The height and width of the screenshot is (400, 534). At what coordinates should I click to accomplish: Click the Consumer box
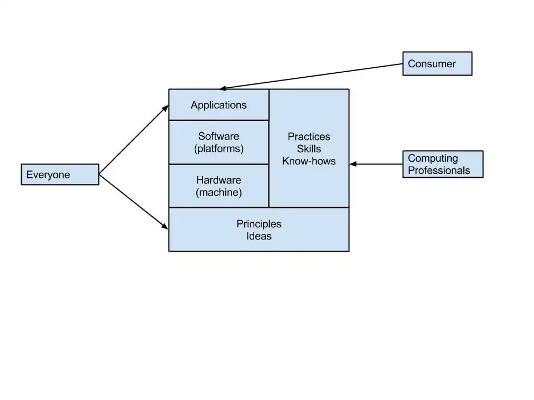(x=437, y=64)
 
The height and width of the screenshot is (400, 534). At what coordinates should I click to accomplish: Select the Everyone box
(x=60, y=174)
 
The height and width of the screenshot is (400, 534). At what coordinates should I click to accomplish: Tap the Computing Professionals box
(x=443, y=164)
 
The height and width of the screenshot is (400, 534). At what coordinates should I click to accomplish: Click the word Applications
(x=219, y=105)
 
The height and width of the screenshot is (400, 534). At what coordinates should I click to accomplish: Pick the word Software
(x=219, y=136)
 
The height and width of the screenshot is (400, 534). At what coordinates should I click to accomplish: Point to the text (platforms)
(x=219, y=149)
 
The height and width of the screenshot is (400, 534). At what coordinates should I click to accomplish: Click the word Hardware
(x=219, y=180)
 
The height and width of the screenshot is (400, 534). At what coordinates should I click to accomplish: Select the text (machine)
(x=219, y=193)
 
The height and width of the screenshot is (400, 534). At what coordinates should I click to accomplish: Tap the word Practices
(x=309, y=137)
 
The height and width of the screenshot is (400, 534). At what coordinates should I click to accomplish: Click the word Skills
(x=309, y=149)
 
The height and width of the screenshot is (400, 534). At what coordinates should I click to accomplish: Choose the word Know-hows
(x=309, y=161)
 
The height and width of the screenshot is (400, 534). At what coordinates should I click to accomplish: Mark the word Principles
(x=259, y=224)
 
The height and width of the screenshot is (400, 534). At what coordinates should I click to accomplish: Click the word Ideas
(x=259, y=236)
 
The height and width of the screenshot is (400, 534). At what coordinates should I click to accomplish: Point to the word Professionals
(x=439, y=171)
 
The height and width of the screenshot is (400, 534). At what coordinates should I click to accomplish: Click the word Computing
(x=433, y=158)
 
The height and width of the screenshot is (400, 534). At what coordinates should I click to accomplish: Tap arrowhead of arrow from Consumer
(x=222, y=88)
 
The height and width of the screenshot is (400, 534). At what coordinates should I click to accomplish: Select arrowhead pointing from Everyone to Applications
(x=166, y=107)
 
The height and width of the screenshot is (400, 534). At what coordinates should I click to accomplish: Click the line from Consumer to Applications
(x=311, y=77)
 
